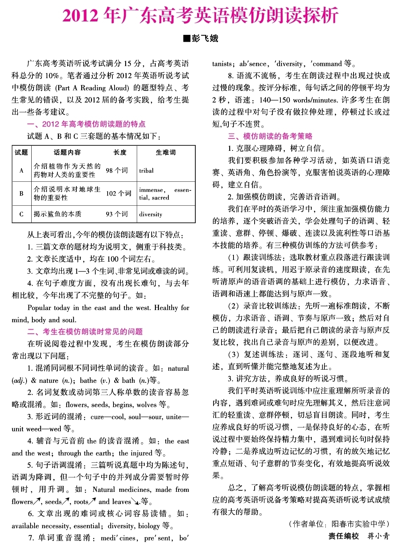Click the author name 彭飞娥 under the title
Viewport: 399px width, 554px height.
point(205,38)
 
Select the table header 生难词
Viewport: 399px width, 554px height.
point(165,152)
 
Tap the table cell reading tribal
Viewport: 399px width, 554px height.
point(146,170)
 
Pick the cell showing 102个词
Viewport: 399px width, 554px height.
point(119,193)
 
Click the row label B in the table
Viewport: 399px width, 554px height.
point(21,193)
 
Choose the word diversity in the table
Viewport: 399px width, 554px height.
point(151,214)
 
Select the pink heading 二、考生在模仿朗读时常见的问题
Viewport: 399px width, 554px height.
point(85,332)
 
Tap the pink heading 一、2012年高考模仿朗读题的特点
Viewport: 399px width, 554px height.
point(86,124)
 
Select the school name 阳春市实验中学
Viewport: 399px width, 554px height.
point(358,524)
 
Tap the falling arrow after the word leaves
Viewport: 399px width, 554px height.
point(136,502)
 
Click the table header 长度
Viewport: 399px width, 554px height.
point(120,152)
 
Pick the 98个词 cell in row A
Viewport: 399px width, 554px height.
point(117,170)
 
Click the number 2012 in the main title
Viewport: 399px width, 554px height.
point(80,16)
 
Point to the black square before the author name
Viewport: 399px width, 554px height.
point(187,38)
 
